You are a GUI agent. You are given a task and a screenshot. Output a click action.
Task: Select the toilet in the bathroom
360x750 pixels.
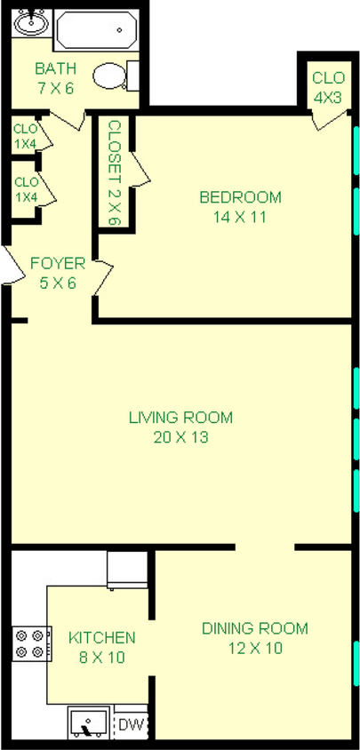pyautogui.click(x=115, y=75)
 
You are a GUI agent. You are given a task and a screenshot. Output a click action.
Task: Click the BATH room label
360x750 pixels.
pyautogui.click(x=55, y=68)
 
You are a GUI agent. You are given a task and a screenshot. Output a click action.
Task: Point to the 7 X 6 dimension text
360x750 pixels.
pyautogui.click(x=55, y=87)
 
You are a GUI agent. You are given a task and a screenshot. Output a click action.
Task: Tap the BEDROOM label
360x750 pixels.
pyautogui.click(x=240, y=197)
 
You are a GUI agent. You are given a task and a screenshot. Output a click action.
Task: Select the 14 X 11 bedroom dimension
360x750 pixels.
pyautogui.click(x=240, y=216)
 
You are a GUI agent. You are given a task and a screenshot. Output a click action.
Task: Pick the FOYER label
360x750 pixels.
pyautogui.click(x=58, y=263)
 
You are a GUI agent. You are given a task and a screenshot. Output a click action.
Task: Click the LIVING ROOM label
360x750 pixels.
pyautogui.click(x=180, y=418)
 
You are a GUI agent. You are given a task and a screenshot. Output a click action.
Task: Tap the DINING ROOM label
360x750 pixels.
pyautogui.click(x=254, y=629)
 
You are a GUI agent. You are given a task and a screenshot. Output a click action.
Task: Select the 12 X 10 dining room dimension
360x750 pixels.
pyautogui.click(x=254, y=648)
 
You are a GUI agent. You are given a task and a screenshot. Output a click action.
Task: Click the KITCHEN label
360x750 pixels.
pyautogui.click(x=101, y=637)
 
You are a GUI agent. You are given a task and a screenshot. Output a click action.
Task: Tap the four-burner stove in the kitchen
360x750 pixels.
pyautogui.click(x=28, y=642)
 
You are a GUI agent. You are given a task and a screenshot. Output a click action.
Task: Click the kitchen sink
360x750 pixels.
pyautogui.click(x=89, y=722)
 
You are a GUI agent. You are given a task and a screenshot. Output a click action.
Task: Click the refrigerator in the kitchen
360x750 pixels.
pyautogui.click(x=126, y=569)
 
